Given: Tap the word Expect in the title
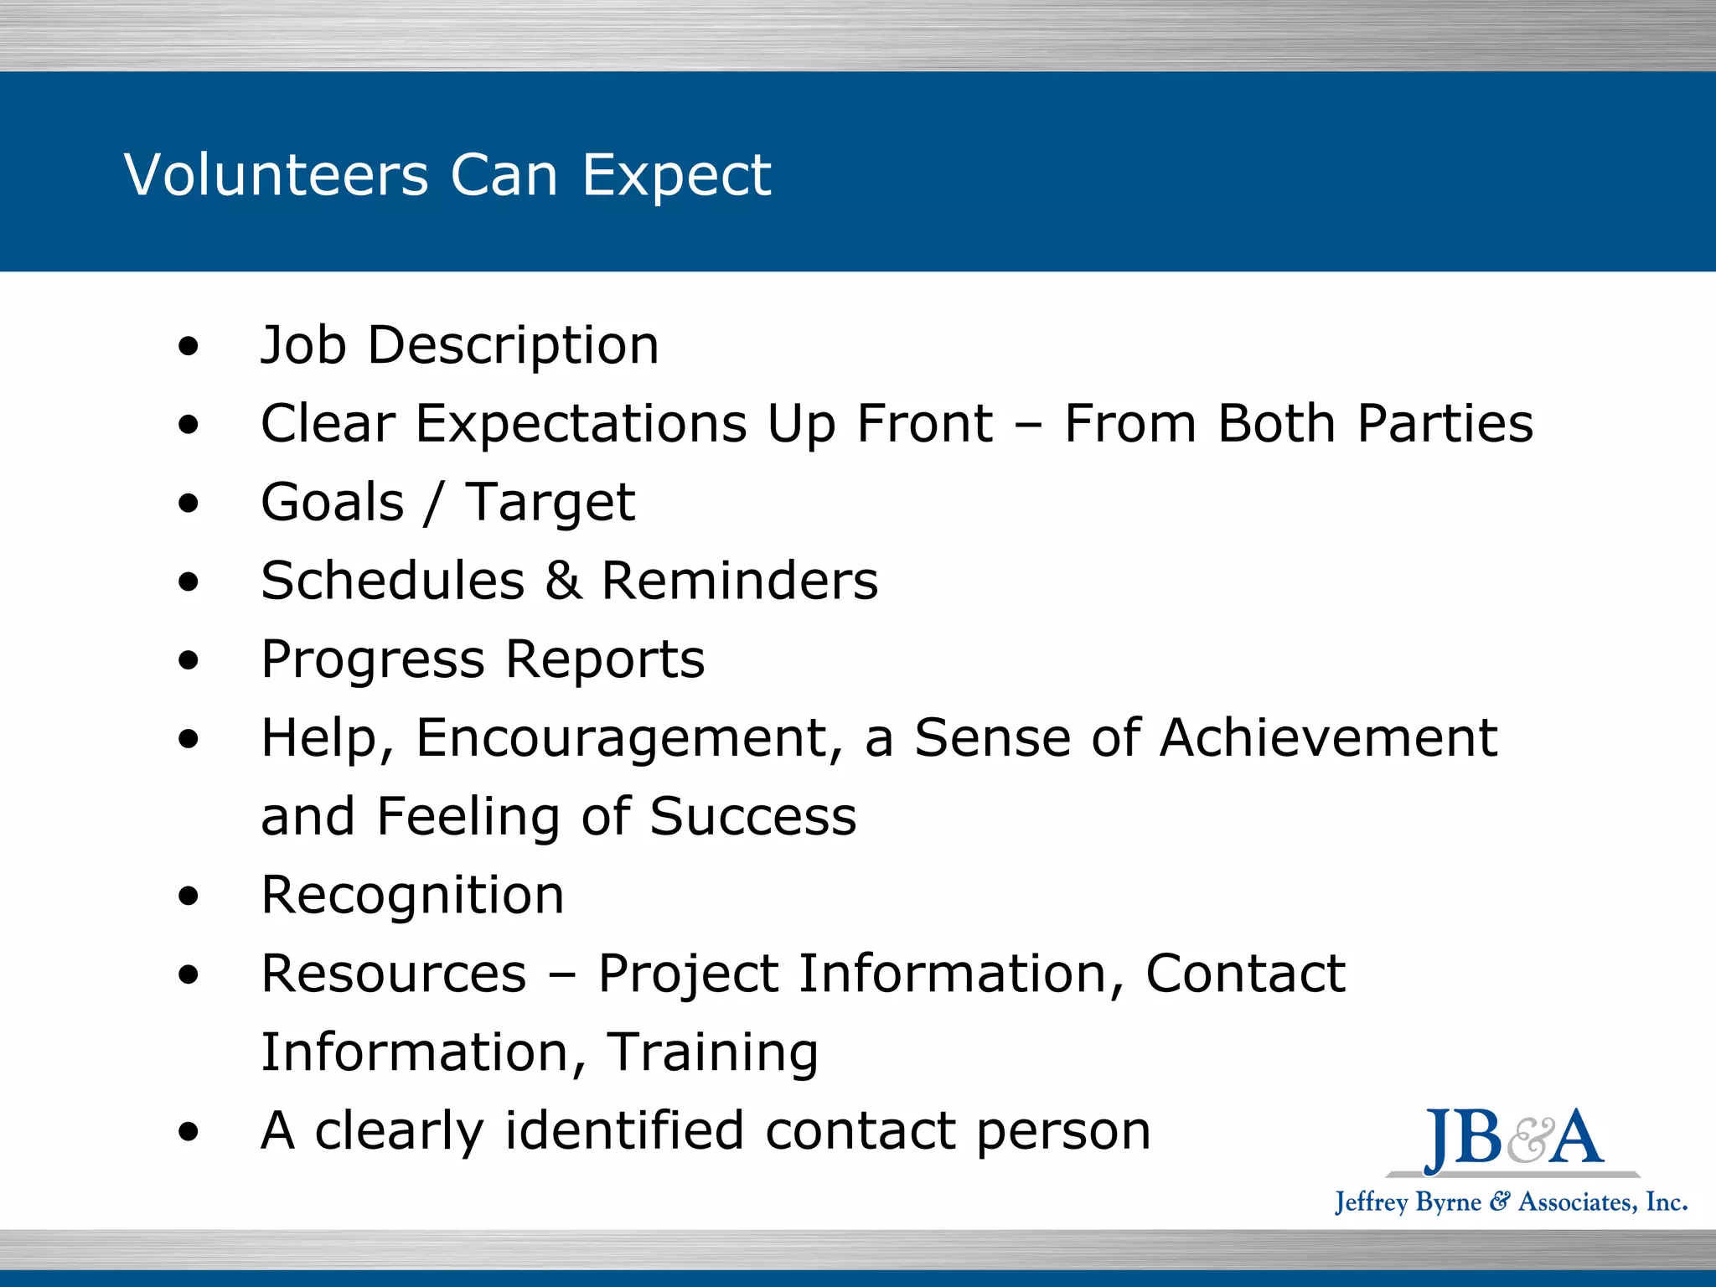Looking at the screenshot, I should click(x=676, y=175).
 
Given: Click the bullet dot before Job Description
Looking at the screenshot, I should click(x=189, y=346).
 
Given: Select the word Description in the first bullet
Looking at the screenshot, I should click(x=514, y=345).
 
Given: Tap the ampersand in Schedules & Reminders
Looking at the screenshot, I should click(x=563, y=581).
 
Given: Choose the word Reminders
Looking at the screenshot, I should click(x=740, y=581).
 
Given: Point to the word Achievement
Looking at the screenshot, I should click(x=1328, y=738).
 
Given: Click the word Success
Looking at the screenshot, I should click(x=753, y=816).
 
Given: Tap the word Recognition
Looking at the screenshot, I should click(x=412, y=895).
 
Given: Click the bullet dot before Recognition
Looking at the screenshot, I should click(x=189, y=896).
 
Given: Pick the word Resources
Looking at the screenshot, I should click(x=394, y=974).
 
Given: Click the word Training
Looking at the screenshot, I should click(x=712, y=1052).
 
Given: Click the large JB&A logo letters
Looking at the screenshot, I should click(x=1513, y=1138).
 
